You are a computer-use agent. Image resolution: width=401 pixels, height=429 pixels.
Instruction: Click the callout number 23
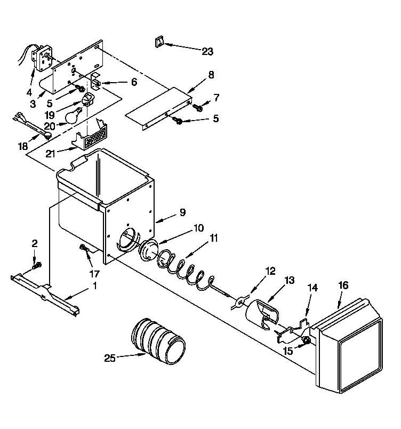207,51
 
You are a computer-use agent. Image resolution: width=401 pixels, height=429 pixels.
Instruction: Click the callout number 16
343,285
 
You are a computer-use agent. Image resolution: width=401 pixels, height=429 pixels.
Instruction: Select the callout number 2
35,243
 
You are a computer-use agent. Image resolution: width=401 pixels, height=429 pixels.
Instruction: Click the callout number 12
270,271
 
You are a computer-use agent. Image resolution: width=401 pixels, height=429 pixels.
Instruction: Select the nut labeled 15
306,340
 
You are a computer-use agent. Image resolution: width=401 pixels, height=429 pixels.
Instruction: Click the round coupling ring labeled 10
148,249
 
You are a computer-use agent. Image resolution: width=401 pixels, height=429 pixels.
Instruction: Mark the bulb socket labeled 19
89,98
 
